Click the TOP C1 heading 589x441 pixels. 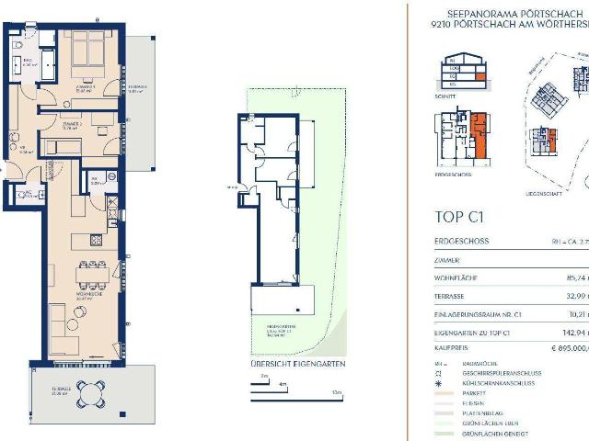pyautogui.click(x=458, y=218)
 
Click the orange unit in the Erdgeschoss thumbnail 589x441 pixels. pyautogui.click(x=479, y=133)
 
